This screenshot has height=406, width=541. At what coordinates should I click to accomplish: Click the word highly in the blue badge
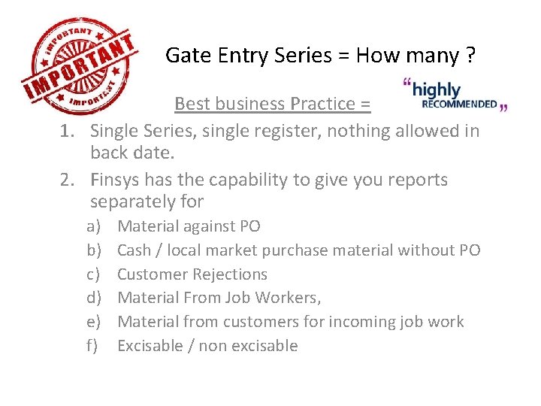point(437,89)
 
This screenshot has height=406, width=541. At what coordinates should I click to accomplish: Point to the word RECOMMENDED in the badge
point(460,105)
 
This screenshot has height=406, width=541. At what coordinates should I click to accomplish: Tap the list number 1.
point(67,132)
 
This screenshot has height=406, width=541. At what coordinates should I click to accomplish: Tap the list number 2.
point(67,180)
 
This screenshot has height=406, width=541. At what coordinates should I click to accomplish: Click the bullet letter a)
point(94,226)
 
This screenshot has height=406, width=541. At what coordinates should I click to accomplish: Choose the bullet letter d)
point(94,298)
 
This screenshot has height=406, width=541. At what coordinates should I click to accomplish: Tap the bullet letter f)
point(94,346)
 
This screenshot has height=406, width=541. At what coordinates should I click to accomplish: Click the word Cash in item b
point(134,250)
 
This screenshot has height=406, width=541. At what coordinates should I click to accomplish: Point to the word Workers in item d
point(288,298)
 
